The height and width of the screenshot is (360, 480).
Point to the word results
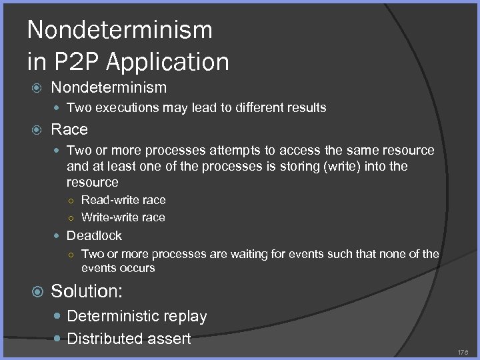[x=305, y=107]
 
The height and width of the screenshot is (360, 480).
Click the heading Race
[x=69, y=129]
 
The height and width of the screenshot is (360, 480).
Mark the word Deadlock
[x=94, y=235]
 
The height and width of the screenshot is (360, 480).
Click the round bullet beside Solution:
[x=37, y=292]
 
